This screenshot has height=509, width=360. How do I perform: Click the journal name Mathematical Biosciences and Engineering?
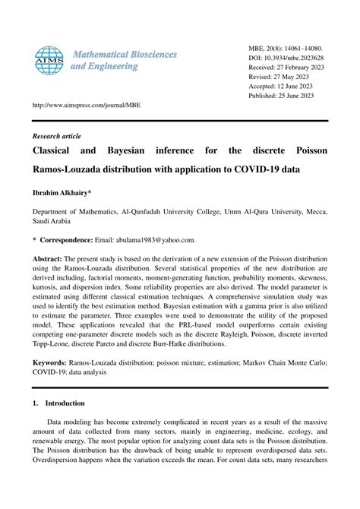tap(124, 60)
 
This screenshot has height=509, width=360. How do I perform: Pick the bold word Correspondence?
tap(71, 239)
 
